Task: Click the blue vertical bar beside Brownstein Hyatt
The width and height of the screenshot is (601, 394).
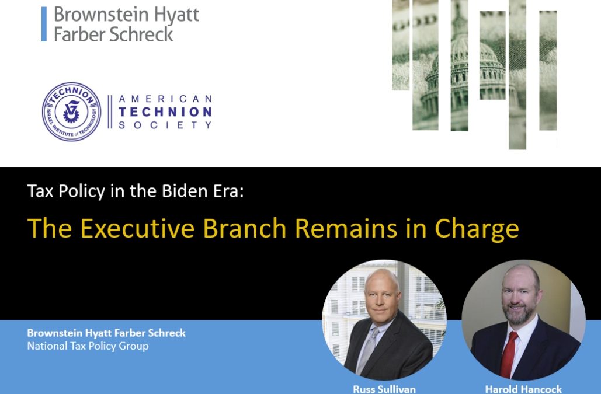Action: coord(44,24)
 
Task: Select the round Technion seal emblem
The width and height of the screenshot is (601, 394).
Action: coord(71,111)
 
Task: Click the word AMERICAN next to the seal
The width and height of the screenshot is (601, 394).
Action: coord(165,99)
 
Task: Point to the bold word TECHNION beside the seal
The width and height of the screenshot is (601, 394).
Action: coord(165,112)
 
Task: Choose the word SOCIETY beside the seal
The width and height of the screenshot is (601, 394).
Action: coord(165,125)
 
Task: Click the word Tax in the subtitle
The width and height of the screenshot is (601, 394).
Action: coord(40,191)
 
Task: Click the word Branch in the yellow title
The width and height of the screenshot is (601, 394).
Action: coord(245,228)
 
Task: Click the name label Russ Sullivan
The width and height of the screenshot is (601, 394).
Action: coord(384,389)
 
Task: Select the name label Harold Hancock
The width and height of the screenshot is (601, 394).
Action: coord(523,389)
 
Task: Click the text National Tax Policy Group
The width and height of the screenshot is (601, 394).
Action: coord(88,346)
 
